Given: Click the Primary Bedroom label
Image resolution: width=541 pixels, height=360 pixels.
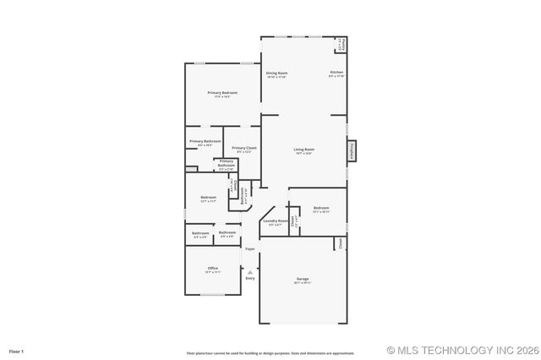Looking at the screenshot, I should pyautogui.click(x=222, y=92).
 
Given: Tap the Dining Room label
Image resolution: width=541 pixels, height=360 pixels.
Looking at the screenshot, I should pyautogui.click(x=277, y=73).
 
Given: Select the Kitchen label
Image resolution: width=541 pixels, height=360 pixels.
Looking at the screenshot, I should pyautogui.click(x=336, y=73).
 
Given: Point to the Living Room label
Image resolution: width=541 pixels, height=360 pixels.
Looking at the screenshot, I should pyautogui.click(x=303, y=150).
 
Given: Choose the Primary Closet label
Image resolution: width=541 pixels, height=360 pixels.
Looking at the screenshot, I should pyautogui.click(x=244, y=148).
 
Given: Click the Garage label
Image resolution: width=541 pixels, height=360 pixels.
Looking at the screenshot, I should pyautogui.click(x=303, y=279).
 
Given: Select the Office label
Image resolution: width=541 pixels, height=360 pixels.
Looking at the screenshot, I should pyautogui.click(x=213, y=268).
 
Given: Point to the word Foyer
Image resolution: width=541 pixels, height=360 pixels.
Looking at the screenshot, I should pyautogui.click(x=250, y=249).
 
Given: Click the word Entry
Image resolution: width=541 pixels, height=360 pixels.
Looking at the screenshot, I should pyautogui.click(x=250, y=278).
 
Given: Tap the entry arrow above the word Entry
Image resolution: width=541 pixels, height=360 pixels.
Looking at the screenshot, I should pyautogui.click(x=250, y=271).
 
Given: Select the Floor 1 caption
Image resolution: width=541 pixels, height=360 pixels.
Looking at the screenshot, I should pyautogui.click(x=17, y=350).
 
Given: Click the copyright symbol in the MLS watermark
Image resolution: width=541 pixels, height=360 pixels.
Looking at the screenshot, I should pyautogui.click(x=391, y=350).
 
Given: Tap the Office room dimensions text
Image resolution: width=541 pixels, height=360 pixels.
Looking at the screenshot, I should pyautogui.click(x=213, y=273).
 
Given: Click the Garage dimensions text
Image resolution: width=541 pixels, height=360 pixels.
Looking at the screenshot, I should pyautogui.click(x=303, y=283).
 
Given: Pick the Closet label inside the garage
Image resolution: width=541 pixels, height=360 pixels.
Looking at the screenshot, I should pyautogui.click(x=341, y=243).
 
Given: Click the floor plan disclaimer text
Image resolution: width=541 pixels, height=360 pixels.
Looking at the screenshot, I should pyautogui.click(x=270, y=352).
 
